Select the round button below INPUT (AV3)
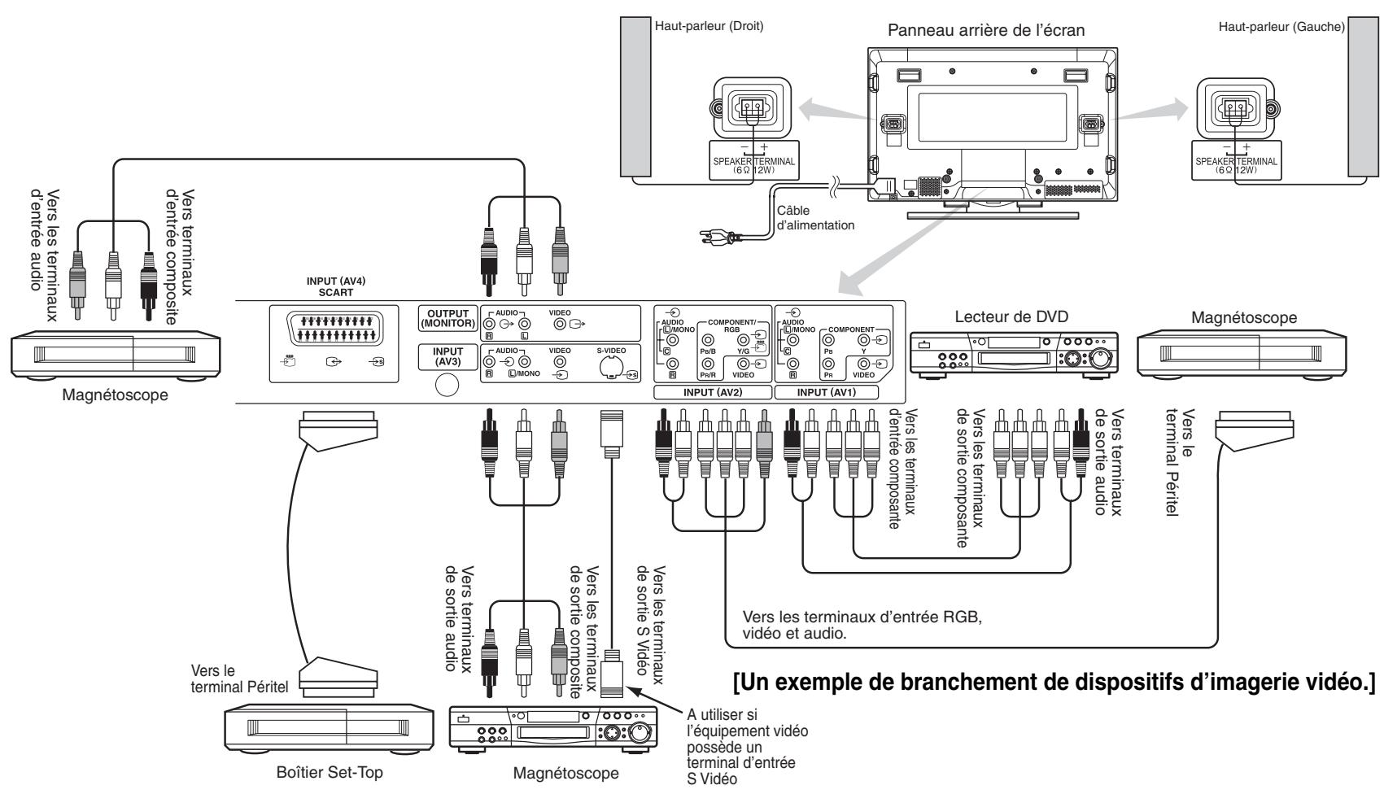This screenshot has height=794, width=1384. [447, 386]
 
